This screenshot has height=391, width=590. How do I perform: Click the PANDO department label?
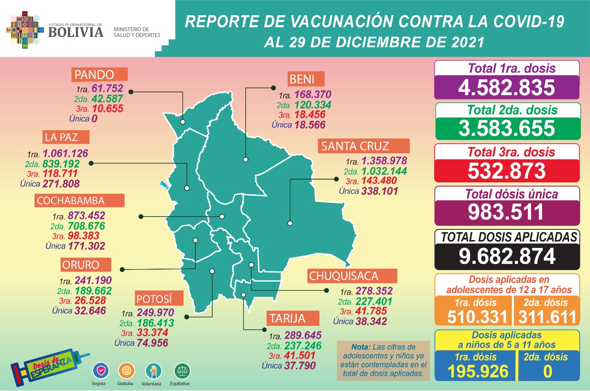99,75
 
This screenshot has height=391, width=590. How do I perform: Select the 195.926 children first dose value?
476,371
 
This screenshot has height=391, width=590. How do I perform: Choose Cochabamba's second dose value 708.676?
86,226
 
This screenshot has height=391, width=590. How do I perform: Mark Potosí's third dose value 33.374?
153,333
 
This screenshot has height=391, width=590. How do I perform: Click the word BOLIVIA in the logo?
76,31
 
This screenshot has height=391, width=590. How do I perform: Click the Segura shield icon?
100,370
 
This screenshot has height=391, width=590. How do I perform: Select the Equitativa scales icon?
182,371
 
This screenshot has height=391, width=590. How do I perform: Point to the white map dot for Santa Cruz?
290,223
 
